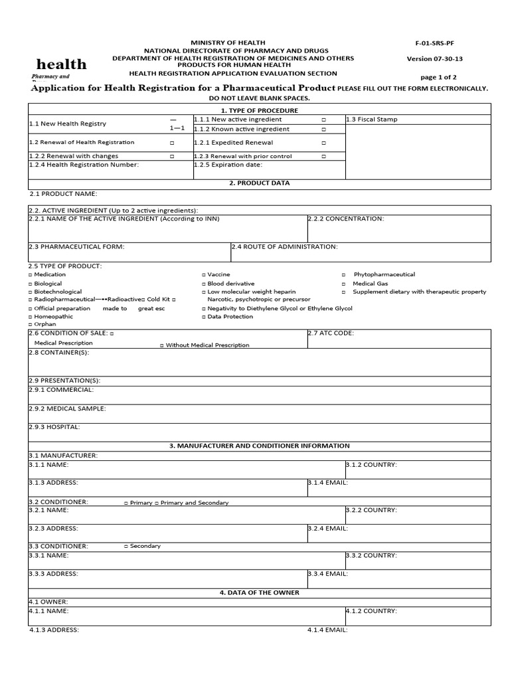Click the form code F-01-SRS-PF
pyautogui.click(x=435, y=42)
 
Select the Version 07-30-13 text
pyautogui.click(x=435, y=58)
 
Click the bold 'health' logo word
pyautogui.click(x=61, y=64)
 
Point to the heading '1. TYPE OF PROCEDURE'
pyautogui.click(x=259, y=110)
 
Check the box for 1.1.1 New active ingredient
pyautogui.click(x=323, y=120)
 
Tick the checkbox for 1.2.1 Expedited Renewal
pyautogui.click(x=323, y=143)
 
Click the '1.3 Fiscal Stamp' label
pyautogui.click(x=373, y=120)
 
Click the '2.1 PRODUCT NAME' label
pyautogui.click(x=64, y=194)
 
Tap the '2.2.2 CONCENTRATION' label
pyautogui.click(x=346, y=218)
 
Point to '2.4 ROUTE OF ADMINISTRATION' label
pyautogui.click(x=285, y=247)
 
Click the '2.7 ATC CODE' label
pyautogui.click(x=330, y=333)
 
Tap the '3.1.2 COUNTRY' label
pyautogui.click(x=371, y=465)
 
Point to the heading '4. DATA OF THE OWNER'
pyautogui.click(x=259, y=592)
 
